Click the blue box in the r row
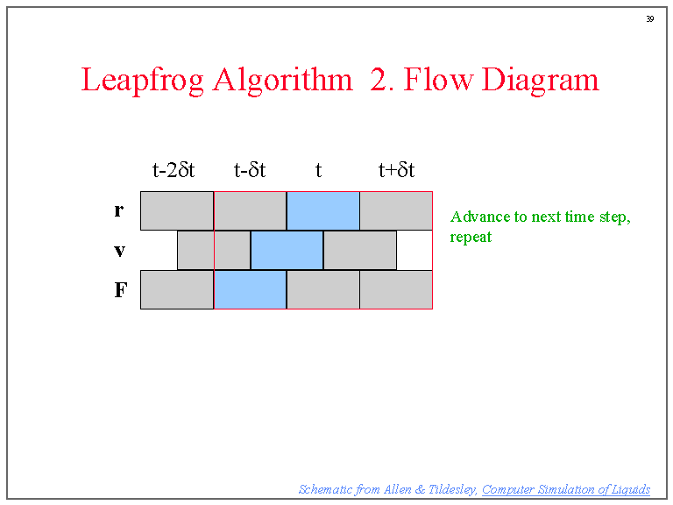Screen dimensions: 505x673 322,210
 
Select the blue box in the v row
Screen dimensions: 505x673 287,250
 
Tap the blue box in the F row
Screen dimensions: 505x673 250,289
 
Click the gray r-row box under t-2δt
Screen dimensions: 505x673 176,210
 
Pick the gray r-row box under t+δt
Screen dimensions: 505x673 396,210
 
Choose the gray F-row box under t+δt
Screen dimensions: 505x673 396,289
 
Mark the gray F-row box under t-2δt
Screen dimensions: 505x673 176,289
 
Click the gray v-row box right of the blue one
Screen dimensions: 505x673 359,250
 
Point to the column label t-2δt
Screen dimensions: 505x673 174,170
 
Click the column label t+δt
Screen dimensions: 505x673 396,170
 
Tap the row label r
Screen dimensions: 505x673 119,210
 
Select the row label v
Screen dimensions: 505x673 119,251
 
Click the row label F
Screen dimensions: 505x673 120,290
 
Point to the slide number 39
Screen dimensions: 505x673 649,19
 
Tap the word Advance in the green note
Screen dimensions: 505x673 478,217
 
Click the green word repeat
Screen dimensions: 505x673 471,237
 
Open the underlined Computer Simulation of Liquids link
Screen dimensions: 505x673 566,489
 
